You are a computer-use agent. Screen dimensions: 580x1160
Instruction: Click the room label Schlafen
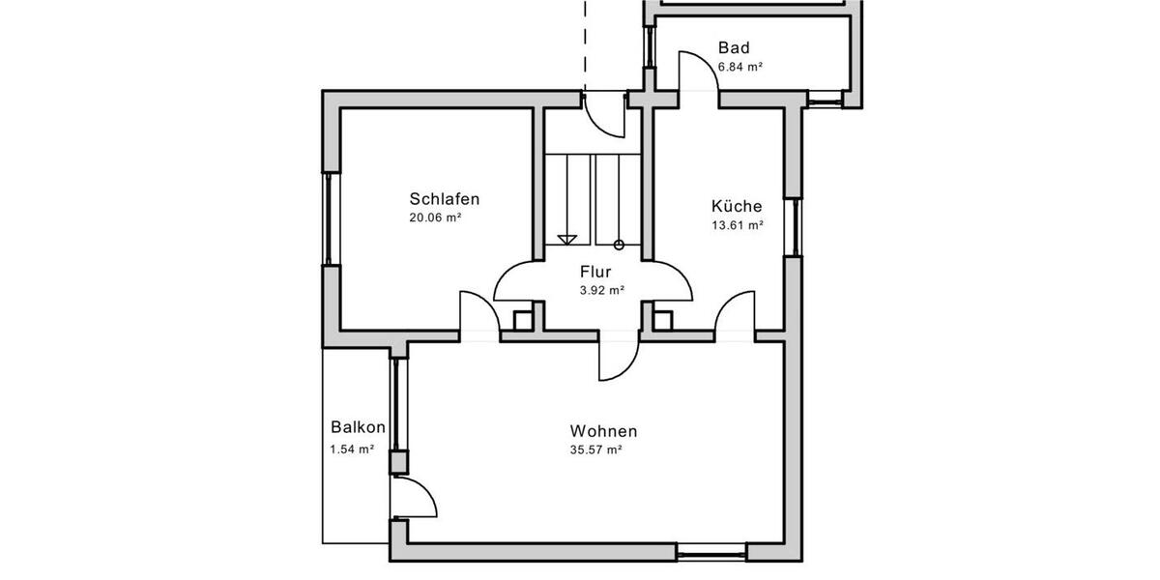444,199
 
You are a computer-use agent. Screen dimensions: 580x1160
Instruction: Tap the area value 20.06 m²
434,218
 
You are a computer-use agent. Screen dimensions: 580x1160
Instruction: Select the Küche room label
737,206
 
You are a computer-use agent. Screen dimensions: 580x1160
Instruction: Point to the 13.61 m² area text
737,224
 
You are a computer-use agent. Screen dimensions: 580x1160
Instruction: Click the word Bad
734,48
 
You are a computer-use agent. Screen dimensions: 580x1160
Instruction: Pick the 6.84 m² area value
741,68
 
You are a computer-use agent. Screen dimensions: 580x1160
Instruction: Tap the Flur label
595,272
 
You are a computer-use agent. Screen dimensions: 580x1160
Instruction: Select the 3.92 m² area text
601,290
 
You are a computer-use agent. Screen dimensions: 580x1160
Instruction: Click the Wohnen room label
603,431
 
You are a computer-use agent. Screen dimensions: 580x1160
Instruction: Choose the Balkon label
358,426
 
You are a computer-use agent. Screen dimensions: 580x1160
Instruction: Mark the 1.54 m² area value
352,449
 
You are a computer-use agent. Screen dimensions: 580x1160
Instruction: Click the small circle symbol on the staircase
620,245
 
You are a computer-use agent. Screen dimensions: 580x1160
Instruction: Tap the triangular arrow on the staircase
567,239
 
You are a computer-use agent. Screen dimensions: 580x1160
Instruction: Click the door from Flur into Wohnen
619,358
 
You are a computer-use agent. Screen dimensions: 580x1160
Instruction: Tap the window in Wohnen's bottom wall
711,555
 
